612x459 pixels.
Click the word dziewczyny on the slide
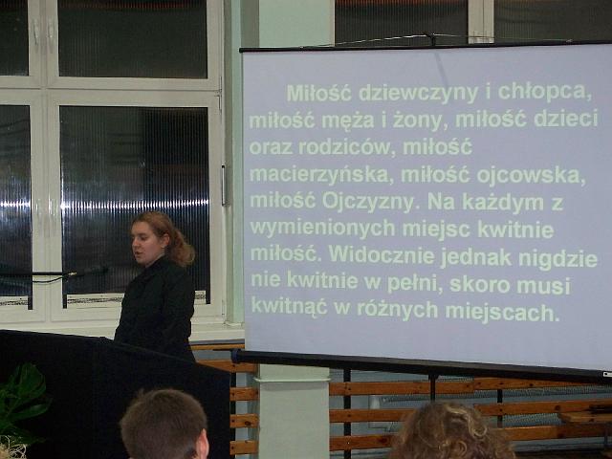[x=418, y=94]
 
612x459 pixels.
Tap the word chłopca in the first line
[x=544, y=92]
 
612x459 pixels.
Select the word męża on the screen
[x=348, y=120]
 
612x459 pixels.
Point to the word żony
[x=418, y=120]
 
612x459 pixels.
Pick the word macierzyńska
[x=319, y=175]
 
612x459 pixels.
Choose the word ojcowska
[x=532, y=175]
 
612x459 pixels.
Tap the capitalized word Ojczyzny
[x=368, y=203]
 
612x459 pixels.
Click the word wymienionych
[x=322, y=229]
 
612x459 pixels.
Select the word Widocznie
[x=382, y=255]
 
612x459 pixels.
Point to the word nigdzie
[x=557, y=259]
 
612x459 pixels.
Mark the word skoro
[x=480, y=285]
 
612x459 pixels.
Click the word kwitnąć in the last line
[x=289, y=306]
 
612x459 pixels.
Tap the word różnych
[x=398, y=310]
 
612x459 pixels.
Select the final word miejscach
[x=502, y=313]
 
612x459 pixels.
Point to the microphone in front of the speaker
[x=88, y=272]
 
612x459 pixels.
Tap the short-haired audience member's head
[x=164, y=425]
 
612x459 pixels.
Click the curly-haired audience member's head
[x=448, y=431]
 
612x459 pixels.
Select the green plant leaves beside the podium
[x=22, y=402]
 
